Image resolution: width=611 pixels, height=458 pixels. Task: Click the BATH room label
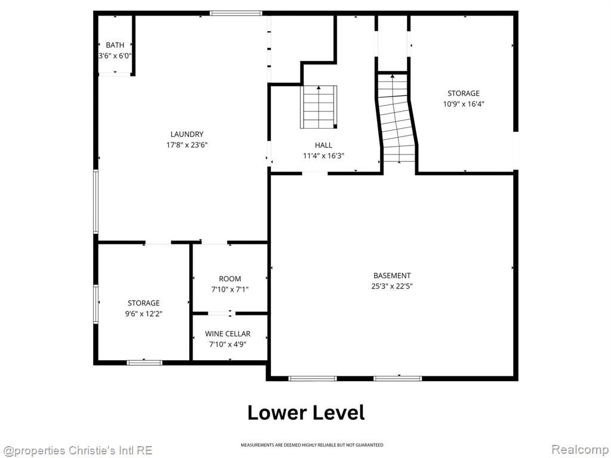115,45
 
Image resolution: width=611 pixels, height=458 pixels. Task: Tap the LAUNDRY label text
187,134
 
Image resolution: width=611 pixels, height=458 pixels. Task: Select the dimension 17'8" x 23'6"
187,145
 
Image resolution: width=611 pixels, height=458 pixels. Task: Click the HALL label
323,146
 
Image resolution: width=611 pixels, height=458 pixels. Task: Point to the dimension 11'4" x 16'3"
323,156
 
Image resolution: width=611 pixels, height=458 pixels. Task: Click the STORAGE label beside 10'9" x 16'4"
463,94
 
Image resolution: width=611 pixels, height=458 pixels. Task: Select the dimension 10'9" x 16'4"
463,104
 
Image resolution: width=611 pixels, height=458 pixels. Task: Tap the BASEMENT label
392,276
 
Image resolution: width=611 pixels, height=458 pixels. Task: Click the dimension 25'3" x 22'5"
392,286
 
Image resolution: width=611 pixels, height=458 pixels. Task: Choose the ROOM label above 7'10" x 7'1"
230,279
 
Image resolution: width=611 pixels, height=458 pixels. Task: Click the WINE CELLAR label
227,334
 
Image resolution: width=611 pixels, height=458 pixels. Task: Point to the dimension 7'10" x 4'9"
227,344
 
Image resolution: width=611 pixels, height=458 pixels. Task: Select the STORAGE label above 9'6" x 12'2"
144,303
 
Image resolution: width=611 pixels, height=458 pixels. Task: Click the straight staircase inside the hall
319,107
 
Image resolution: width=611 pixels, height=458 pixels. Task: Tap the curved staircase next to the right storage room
397,118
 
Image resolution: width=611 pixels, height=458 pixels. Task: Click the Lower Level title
306,413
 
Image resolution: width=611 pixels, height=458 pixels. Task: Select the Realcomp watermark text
580,450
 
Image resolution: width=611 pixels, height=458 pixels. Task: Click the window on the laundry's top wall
236,13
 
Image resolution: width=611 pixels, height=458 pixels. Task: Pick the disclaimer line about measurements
311,445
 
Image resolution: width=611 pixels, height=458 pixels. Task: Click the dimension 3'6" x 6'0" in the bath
115,55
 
